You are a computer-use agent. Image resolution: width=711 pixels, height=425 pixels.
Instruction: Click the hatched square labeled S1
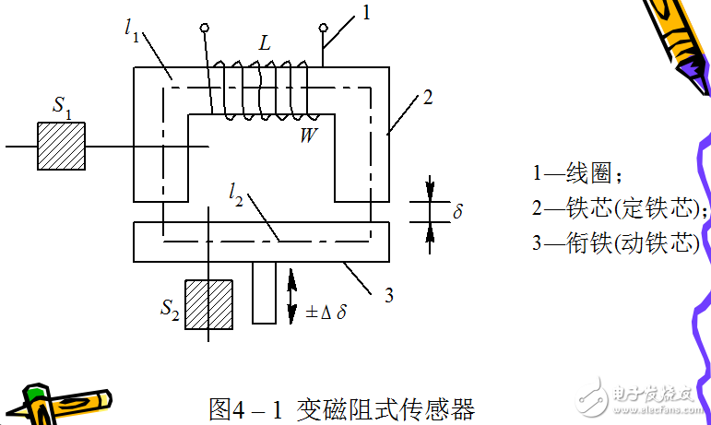pyautogui.click(x=61, y=146)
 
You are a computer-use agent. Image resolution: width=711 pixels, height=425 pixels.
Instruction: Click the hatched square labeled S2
pyautogui.click(x=207, y=304)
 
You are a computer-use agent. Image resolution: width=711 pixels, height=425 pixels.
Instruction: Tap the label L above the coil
pyautogui.click(x=264, y=44)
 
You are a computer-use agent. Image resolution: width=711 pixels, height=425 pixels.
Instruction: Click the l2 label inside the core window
pyautogui.click(x=238, y=194)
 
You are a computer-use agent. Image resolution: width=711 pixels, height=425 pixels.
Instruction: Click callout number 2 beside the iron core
pyautogui.click(x=427, y=98)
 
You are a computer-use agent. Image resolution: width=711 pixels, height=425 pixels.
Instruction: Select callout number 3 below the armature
pyautogui.click(x=388, y=295)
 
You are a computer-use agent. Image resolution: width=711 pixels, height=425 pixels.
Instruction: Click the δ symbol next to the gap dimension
pyautogui.click(x=458, y=211)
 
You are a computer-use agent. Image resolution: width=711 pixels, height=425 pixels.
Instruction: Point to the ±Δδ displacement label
pyautogui.click(x=326, y=312)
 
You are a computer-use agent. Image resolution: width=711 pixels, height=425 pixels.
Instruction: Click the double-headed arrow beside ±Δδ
pyautogui.click(x=292, y=291)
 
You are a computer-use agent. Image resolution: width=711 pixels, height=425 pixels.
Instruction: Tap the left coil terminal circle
pyautogui.click(x=205, y=29)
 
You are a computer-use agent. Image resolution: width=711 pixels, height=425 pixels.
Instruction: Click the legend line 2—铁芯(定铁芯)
pyautogui.click(x=620, y=209)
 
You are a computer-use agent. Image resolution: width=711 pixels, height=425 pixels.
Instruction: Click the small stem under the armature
pyautogui.click(x=265, y=292)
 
